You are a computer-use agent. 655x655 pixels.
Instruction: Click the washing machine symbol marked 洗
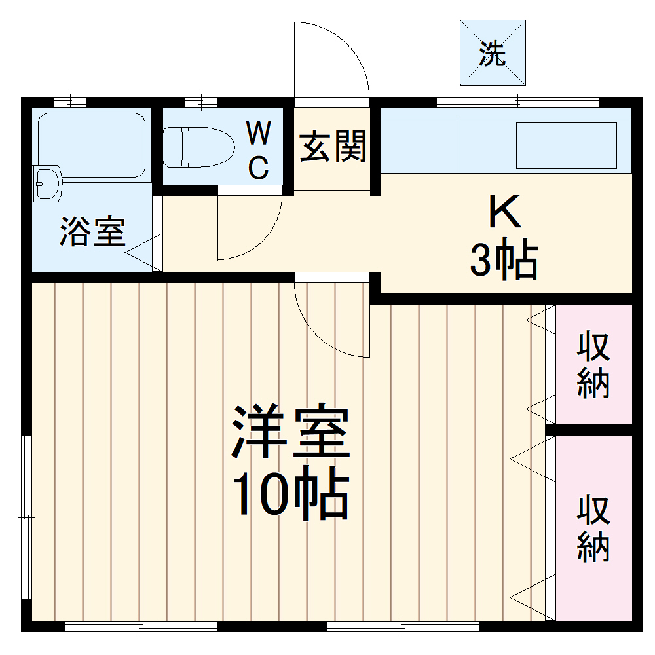(493, 53)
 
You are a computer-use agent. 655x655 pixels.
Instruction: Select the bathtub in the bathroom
(91, 145)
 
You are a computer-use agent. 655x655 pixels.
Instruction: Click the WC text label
(259, 151)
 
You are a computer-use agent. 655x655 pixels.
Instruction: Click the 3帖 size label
(503, 260)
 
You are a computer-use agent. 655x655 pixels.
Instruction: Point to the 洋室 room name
(289, 433)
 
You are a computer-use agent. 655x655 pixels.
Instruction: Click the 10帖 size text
(289, 495)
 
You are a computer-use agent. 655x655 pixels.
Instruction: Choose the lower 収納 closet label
(593, 529)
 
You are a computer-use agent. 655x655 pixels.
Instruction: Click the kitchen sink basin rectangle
(567, 145)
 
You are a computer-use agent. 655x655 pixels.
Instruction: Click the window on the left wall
(26, 517)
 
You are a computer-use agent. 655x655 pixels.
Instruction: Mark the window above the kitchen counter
(517, 102)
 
